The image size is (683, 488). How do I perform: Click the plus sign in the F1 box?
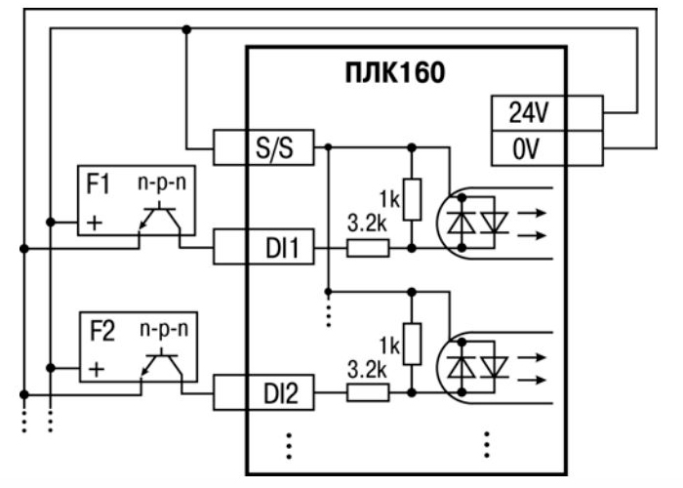[x=95, y=223]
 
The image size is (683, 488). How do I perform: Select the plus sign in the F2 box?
[x=95, y=370]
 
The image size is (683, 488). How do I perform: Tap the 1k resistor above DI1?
[x=411, y=200]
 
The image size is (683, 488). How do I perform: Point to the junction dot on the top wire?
[x=185, y=28]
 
